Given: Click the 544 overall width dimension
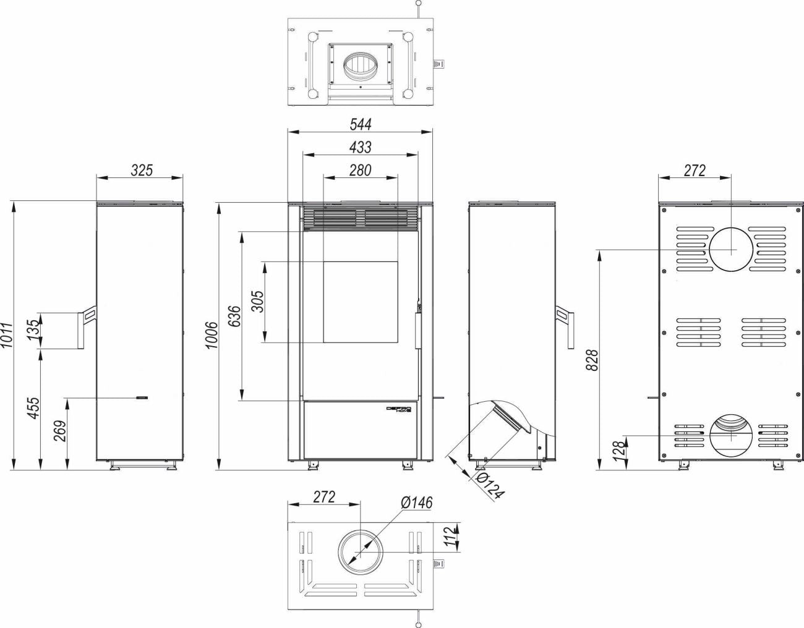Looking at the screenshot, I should pyautogui.click(x=361, y=124).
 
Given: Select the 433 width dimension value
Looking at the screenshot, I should pyautogui.click(x=361, y=147).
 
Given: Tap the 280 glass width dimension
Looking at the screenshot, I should pyautogui.click(x=361, y=170).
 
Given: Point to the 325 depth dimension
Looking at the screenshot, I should pyautogui.click(x=142, y=170).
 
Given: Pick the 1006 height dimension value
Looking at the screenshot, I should pyautogui.click(x=212, y=335).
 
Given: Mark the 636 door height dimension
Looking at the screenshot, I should pyautogui.click(x=234, y=316).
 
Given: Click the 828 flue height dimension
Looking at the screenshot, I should pyautogui.click(x=592, y=360).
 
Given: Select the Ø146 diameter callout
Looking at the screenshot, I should pyautogui.click(x=416, y=503).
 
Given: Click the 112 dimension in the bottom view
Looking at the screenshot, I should pyautogui.click(x=450, y=538).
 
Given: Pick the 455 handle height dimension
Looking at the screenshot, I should pyautogui.click(x=33, y=408).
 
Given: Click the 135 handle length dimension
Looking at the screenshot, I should pyautogui.click(x=33, y=328).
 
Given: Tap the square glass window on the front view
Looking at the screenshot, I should pyautogui.click(x=361, y=302).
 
